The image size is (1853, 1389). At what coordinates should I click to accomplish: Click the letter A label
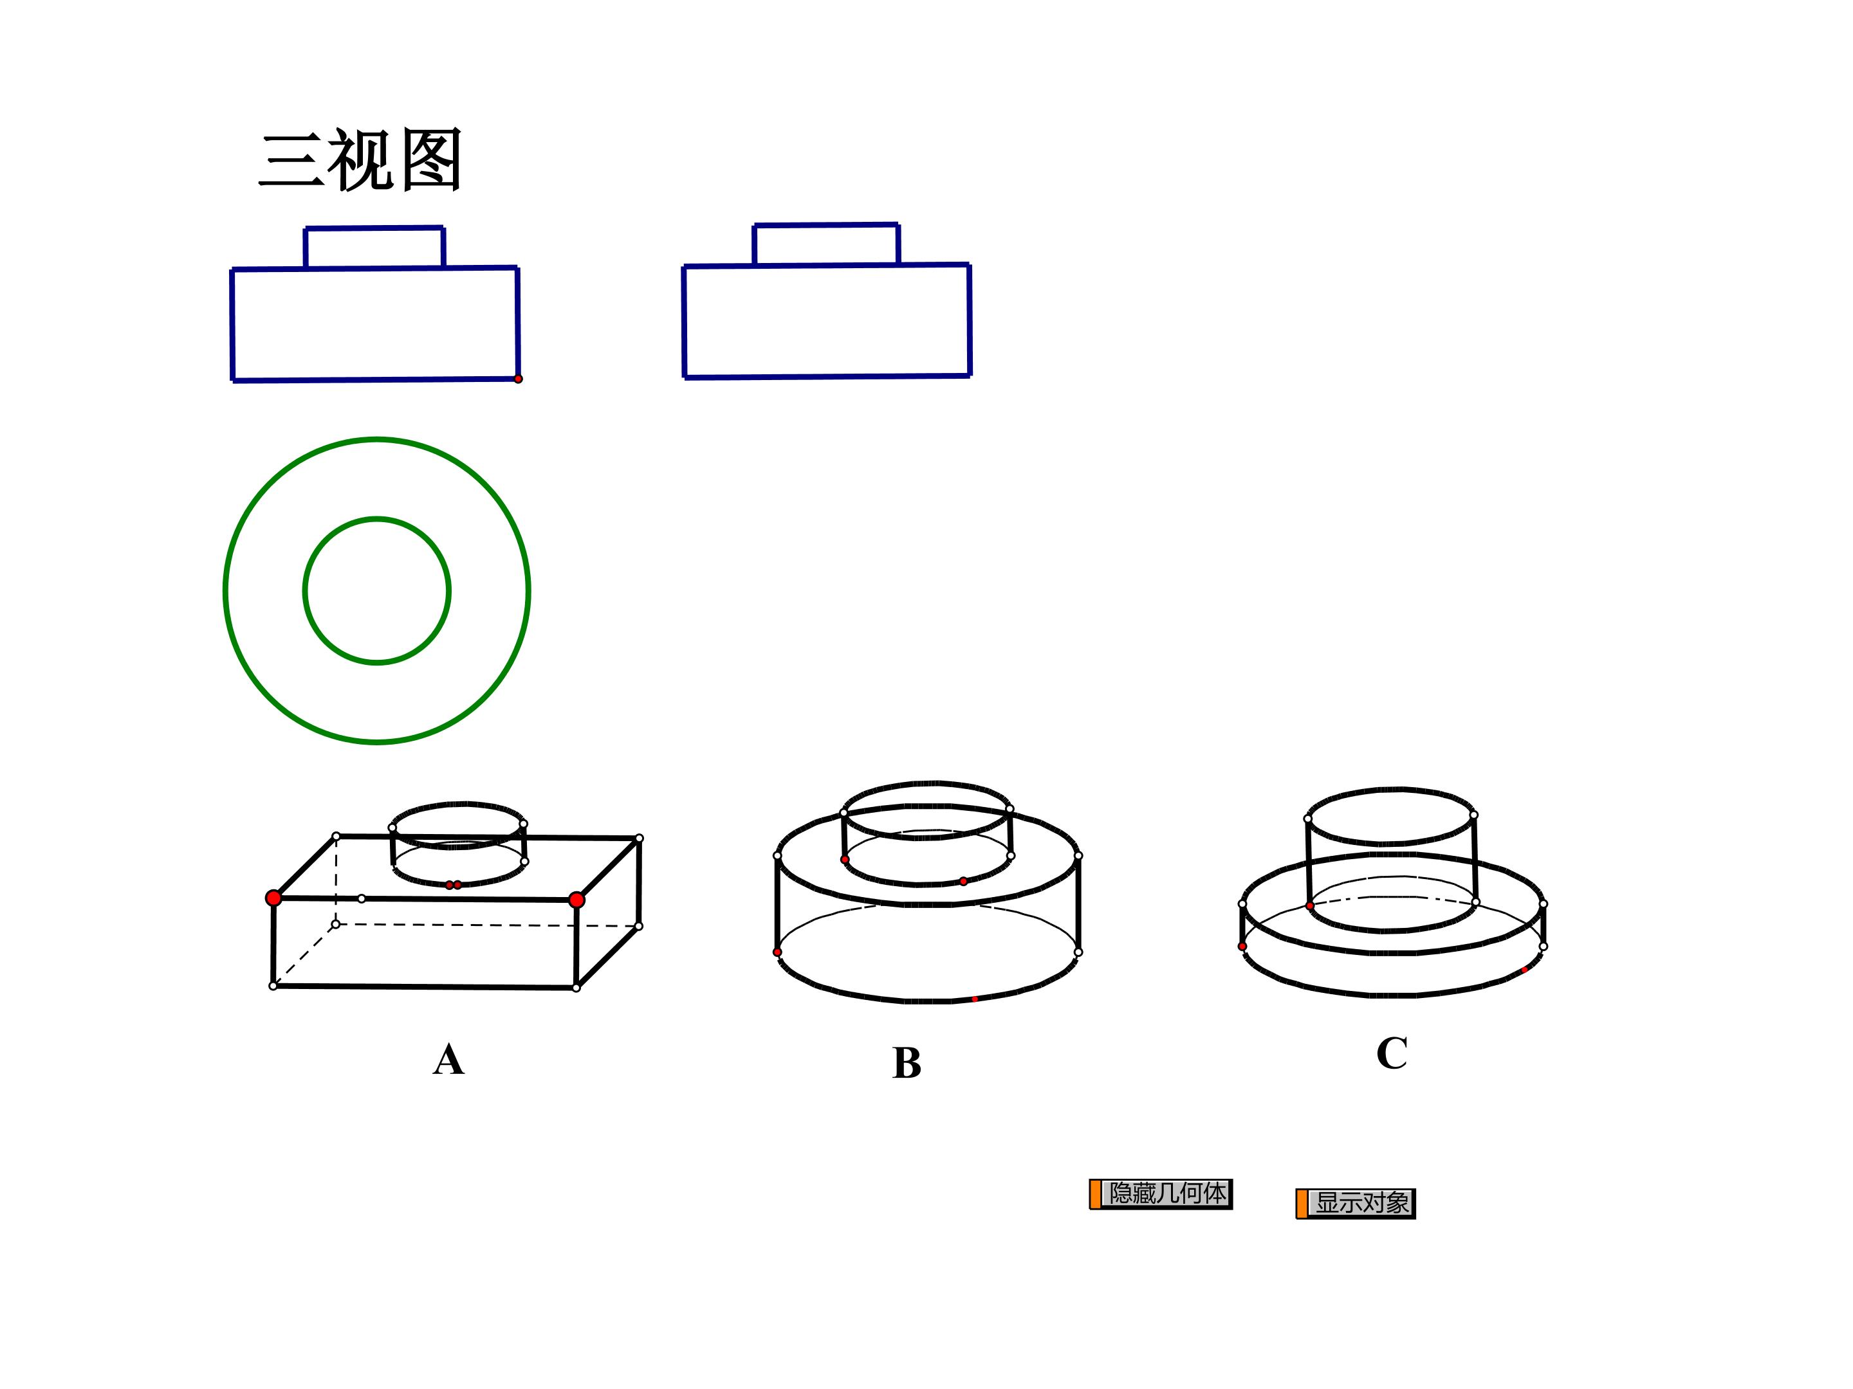448,1060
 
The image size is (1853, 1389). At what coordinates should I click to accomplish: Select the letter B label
907,1064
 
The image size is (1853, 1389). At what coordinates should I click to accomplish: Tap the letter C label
1392,1053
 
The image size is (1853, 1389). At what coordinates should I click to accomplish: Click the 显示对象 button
1356,1203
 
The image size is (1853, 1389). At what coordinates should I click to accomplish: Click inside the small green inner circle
377,591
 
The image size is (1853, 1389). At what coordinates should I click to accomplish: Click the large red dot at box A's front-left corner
273,898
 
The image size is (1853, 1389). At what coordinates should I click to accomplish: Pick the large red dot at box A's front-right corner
576,900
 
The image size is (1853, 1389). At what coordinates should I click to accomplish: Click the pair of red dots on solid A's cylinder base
453,885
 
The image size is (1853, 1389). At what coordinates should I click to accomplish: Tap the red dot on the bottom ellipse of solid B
974,999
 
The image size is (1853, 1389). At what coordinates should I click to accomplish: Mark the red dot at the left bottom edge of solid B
777,952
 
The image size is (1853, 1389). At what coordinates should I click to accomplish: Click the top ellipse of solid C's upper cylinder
1390,788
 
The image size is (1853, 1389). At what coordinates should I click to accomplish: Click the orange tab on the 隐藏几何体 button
1095,1194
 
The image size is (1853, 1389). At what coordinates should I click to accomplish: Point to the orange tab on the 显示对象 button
1302,1204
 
